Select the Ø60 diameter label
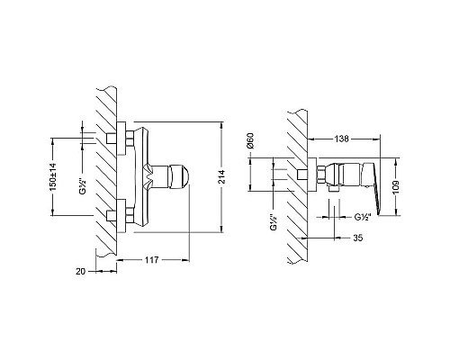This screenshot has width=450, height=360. pyautogui.click(x=253, y=142)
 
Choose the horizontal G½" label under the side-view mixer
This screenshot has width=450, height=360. pyautogui.click(x=364, y=216)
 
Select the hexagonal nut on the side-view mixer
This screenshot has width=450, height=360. pyautogui.click(x=320, y=175)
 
